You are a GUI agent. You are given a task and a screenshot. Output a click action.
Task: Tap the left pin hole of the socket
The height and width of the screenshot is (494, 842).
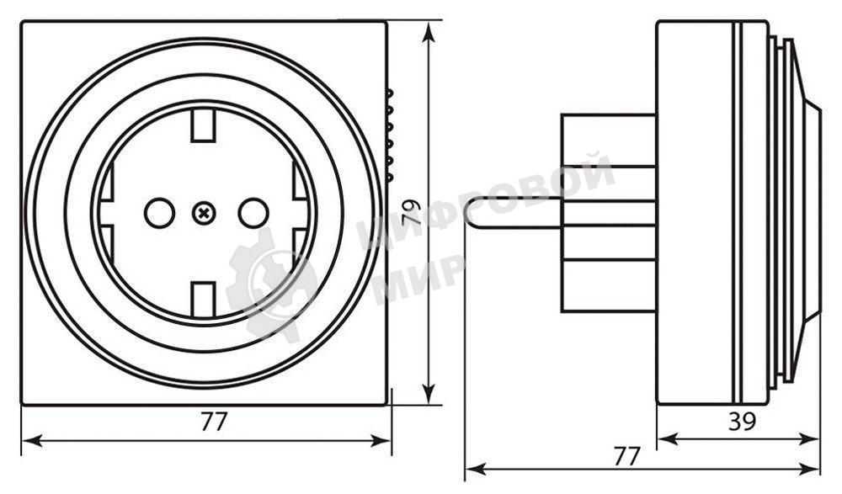[x=158, y=214]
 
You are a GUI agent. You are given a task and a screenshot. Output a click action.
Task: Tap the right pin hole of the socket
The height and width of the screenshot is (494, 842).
[x=253, y=214]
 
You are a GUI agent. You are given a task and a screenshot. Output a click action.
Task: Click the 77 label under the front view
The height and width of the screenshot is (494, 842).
[x=215, y=422]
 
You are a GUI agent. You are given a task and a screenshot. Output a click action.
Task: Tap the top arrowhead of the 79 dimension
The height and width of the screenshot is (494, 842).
[x=430, y=30]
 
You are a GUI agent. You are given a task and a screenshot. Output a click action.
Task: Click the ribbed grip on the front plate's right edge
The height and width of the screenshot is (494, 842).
[x=391, y=135]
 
